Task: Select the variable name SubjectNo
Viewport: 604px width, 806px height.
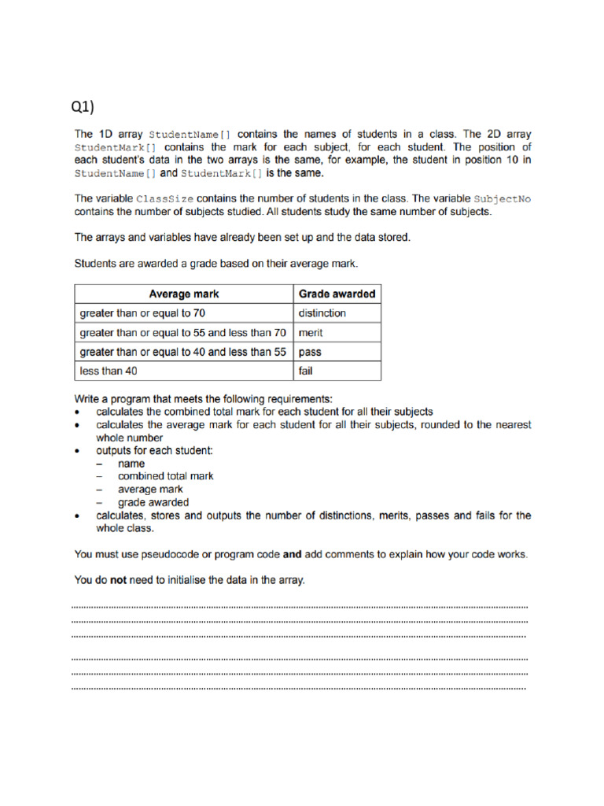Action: pyautogui.click(x=503, y=199)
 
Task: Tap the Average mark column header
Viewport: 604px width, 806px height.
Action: pyautogui.click(x=183, y=294)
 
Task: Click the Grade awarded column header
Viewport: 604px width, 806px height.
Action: pyautogui.click(x=337, y=294)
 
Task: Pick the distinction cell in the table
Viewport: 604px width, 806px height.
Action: pyautogui.click(x=322, y=313)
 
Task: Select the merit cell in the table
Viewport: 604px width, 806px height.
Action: pyautogui.click(x=311, y=333)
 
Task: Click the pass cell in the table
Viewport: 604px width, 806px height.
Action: pyautogui.click(x=310, y=353)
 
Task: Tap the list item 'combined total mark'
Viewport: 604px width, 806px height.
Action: pyautogui.click(x=165, y=476)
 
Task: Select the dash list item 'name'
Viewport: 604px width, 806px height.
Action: pyautogui.click(x=131, y=464)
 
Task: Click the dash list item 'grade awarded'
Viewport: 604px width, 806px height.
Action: pyautogui.click(x=153, y=502)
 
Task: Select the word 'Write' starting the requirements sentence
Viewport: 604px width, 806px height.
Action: pyautogui.click(x=88, y=399)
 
